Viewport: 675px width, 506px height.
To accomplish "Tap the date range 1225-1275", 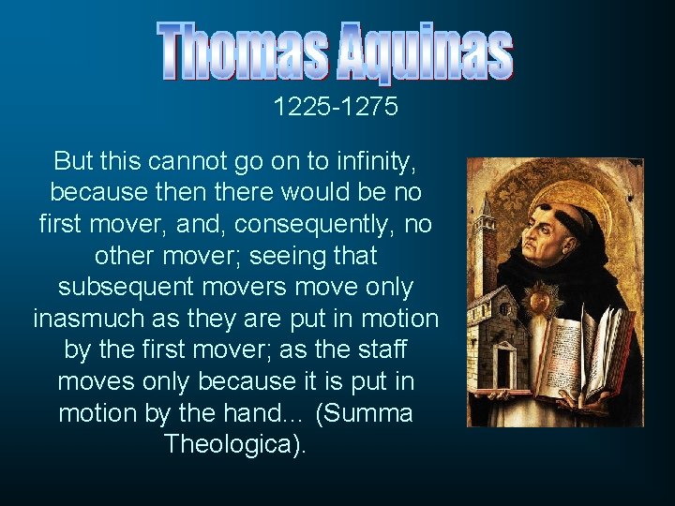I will click(x=336, y=108).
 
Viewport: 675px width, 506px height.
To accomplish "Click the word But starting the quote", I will click(x=73, y=160).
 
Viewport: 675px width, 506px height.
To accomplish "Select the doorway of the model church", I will click(x=506, y=365).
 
